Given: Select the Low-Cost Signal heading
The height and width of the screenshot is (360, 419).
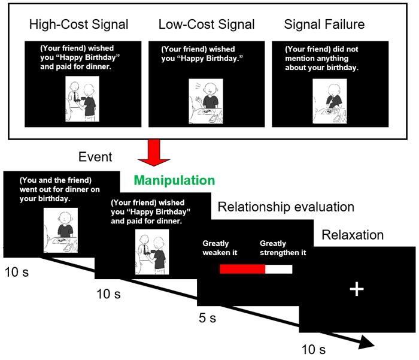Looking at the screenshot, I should [x=207, y=25].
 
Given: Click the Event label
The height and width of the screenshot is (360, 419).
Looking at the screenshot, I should [x=95, y=157].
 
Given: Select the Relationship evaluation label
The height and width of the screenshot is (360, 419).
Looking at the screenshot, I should [x=286, y=207].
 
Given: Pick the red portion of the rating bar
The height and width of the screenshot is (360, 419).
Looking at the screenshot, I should [x=242, y=269].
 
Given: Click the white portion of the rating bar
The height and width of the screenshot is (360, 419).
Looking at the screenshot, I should [x=278, y=269].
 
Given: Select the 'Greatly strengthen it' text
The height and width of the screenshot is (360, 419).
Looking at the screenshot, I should [x=283, y=248].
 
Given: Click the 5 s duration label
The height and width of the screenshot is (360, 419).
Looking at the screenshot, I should [x=207, y=318].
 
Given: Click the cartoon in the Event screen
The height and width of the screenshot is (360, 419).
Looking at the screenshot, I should [x=60, y=230].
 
